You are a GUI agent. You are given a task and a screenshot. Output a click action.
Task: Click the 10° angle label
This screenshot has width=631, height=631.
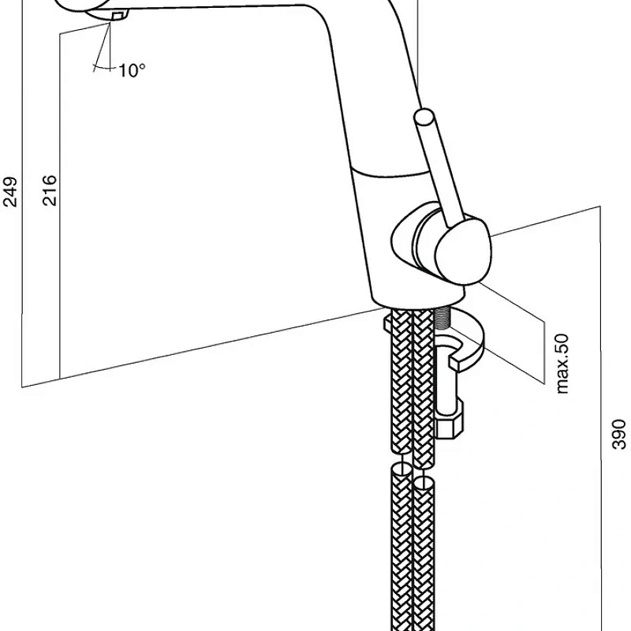click(x=132, y=71)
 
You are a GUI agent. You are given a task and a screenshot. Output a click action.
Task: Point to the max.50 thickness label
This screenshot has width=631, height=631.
click(x=562, y=363)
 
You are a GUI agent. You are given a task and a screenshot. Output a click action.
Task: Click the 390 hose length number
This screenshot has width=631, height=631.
click(x=619, y=434)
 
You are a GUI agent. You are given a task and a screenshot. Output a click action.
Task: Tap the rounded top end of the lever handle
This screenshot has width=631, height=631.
click(x=424, y=119)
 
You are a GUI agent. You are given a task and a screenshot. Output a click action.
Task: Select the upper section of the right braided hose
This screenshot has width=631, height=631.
click(x=424, y=386)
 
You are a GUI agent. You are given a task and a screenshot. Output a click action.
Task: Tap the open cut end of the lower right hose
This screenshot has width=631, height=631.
click(x=424, y=480)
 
